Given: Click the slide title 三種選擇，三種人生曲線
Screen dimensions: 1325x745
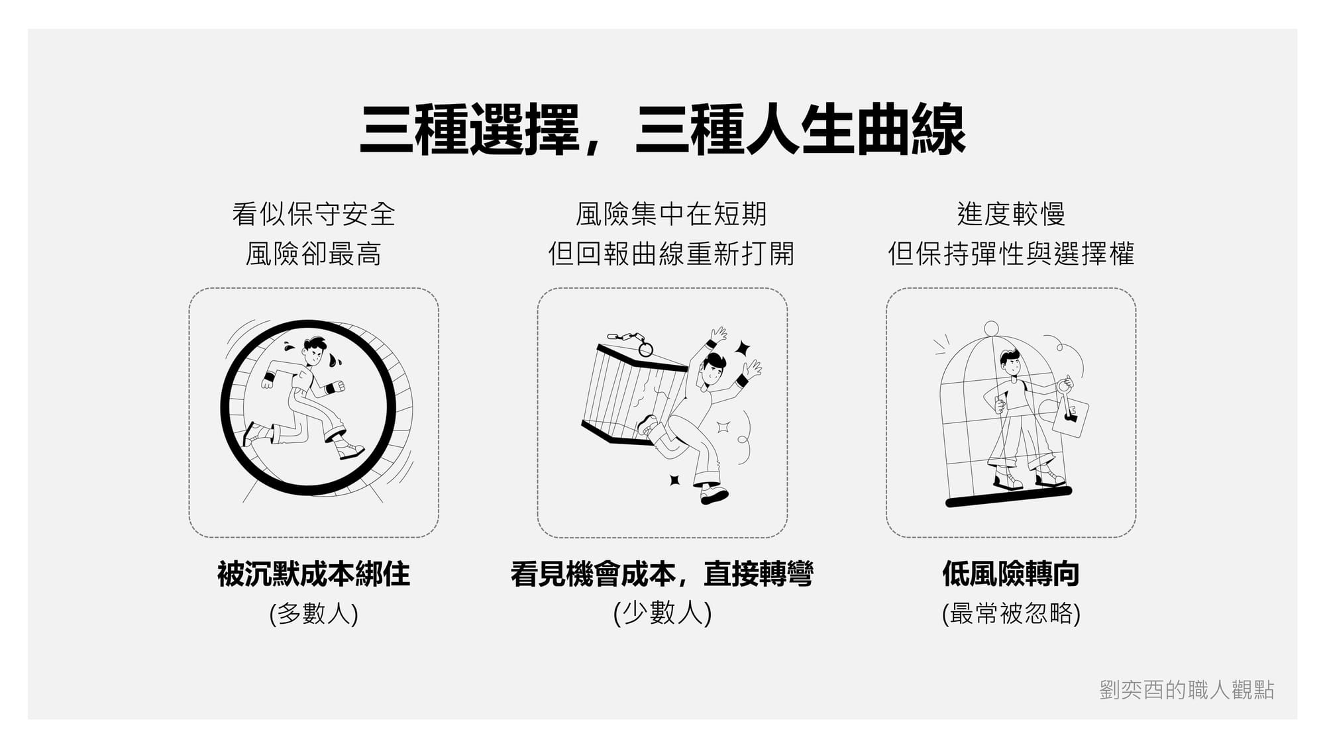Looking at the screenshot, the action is click(662, 130).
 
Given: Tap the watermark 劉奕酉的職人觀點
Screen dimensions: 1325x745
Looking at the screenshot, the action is click(1187, 690).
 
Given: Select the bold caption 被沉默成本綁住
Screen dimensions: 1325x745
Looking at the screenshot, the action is click(313, 573).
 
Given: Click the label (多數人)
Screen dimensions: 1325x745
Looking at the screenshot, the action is click(313, 613).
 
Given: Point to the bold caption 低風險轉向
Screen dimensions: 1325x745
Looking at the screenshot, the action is click(1011, 573).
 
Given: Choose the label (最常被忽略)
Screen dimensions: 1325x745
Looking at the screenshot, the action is click(1011, 613).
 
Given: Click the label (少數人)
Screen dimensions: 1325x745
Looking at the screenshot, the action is click(662, 613).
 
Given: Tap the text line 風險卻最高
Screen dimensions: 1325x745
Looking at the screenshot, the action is click(313, 254).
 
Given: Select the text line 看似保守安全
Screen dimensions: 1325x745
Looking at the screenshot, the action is click(313, 214).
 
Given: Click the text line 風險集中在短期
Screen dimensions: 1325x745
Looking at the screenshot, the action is click(671, 214).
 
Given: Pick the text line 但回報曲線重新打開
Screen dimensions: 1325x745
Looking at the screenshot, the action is click(671, 254).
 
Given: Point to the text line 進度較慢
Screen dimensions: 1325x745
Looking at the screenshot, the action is click(1011, 214).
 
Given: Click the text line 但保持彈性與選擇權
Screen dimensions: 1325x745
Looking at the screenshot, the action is click(1011, 254).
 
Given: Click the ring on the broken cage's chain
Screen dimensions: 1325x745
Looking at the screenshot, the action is click(645, 349).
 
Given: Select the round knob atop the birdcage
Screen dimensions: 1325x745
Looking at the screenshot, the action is click(991, 328).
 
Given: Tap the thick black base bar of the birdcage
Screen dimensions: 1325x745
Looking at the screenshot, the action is click(1008, 497).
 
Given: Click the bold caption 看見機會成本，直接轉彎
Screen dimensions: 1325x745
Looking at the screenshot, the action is click(662, 573).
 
